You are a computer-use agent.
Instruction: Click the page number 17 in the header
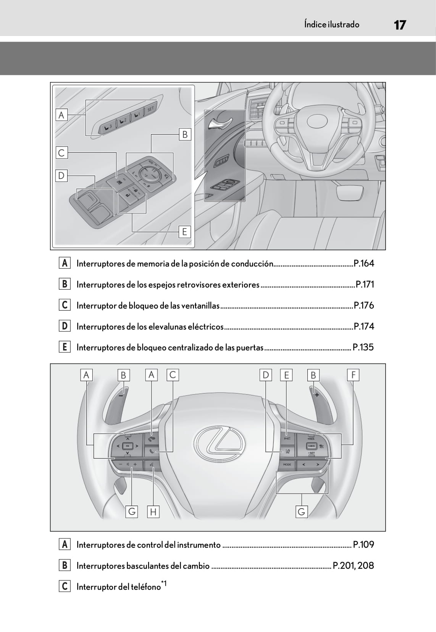click(x=399, y=25)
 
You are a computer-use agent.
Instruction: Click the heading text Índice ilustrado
click(x=331, y=24)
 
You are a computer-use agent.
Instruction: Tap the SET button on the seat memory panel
click(x=150, y=109)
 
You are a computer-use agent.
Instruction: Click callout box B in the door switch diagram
click(x=185, y=135)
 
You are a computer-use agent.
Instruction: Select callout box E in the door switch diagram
click(x=185, y=232)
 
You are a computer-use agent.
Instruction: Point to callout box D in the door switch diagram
click(x=61, y=176)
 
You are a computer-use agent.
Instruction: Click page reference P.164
click(x=363, y=263)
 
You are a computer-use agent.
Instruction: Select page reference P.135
click(x=363, y=347)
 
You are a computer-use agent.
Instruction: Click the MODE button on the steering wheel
click(x=287, y=465)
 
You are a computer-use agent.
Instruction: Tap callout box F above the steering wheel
click(x=353, y=375)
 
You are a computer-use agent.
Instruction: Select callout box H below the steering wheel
click(x=153, y=512)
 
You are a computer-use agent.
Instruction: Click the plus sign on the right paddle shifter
click(x=317, y=395)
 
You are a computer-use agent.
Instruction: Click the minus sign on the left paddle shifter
click(x=121, y=396)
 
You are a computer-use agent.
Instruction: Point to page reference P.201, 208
click(x=353, y=566)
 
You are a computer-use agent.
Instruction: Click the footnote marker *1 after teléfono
click(x=164, y=583)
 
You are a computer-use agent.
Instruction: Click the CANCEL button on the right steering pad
click(x=312, y=446)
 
